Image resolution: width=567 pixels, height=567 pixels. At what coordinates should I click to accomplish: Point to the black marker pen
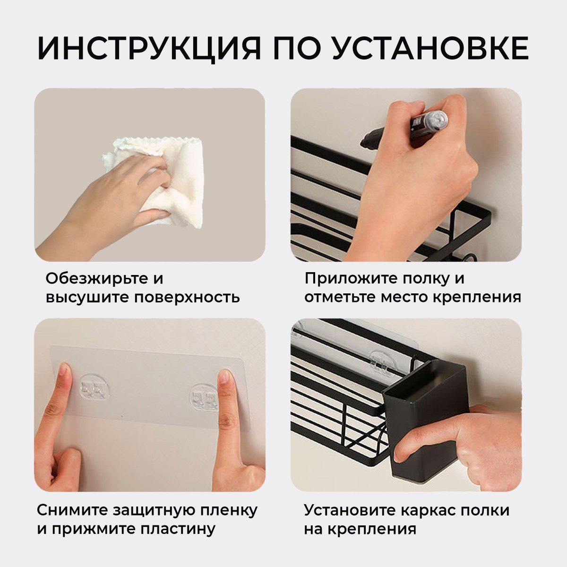tap(404, 130)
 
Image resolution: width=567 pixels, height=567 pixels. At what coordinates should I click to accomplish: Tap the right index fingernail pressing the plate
tap(225, 377)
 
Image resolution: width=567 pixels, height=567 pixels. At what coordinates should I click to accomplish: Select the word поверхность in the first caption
tap(187, 298)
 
